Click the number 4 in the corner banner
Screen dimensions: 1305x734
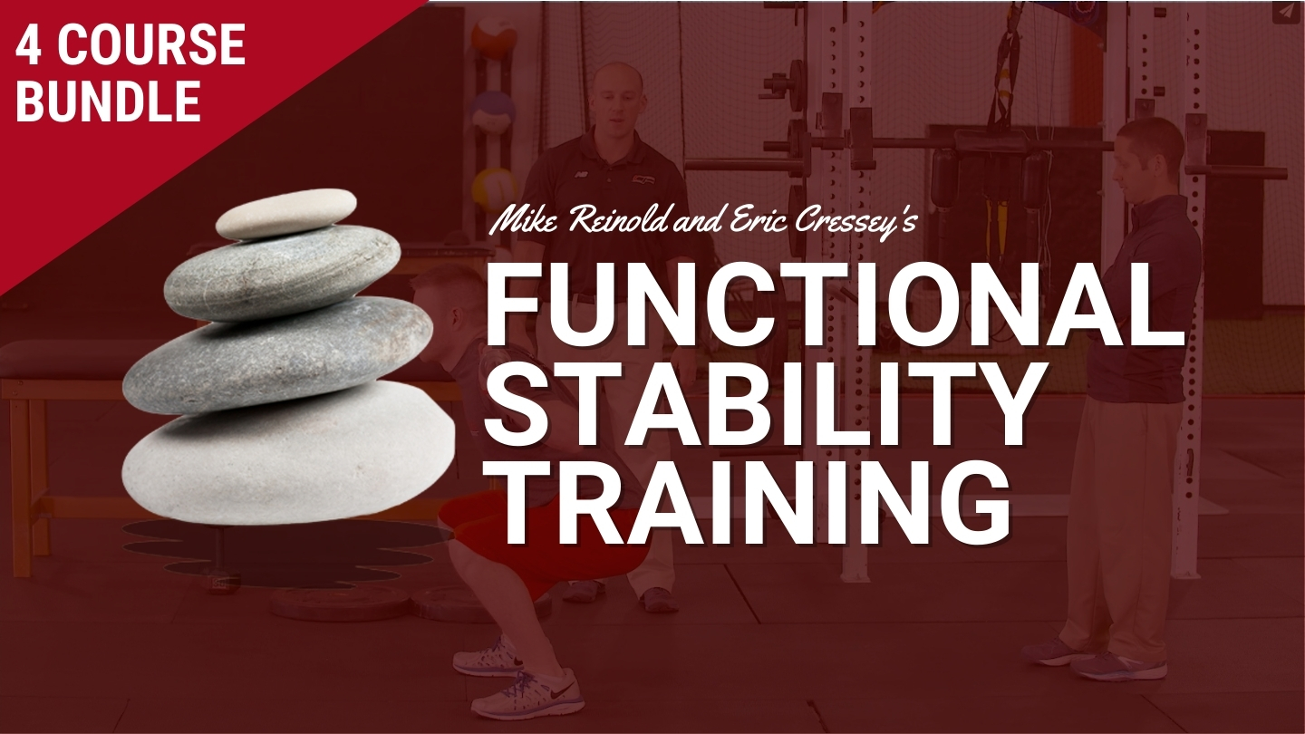coord(30,45)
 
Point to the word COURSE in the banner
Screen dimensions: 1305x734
coord(152,45)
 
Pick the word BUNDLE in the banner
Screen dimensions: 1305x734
coord(108,101)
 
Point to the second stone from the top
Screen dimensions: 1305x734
coord(282,274)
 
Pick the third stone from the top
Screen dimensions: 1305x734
coord(277,354)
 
